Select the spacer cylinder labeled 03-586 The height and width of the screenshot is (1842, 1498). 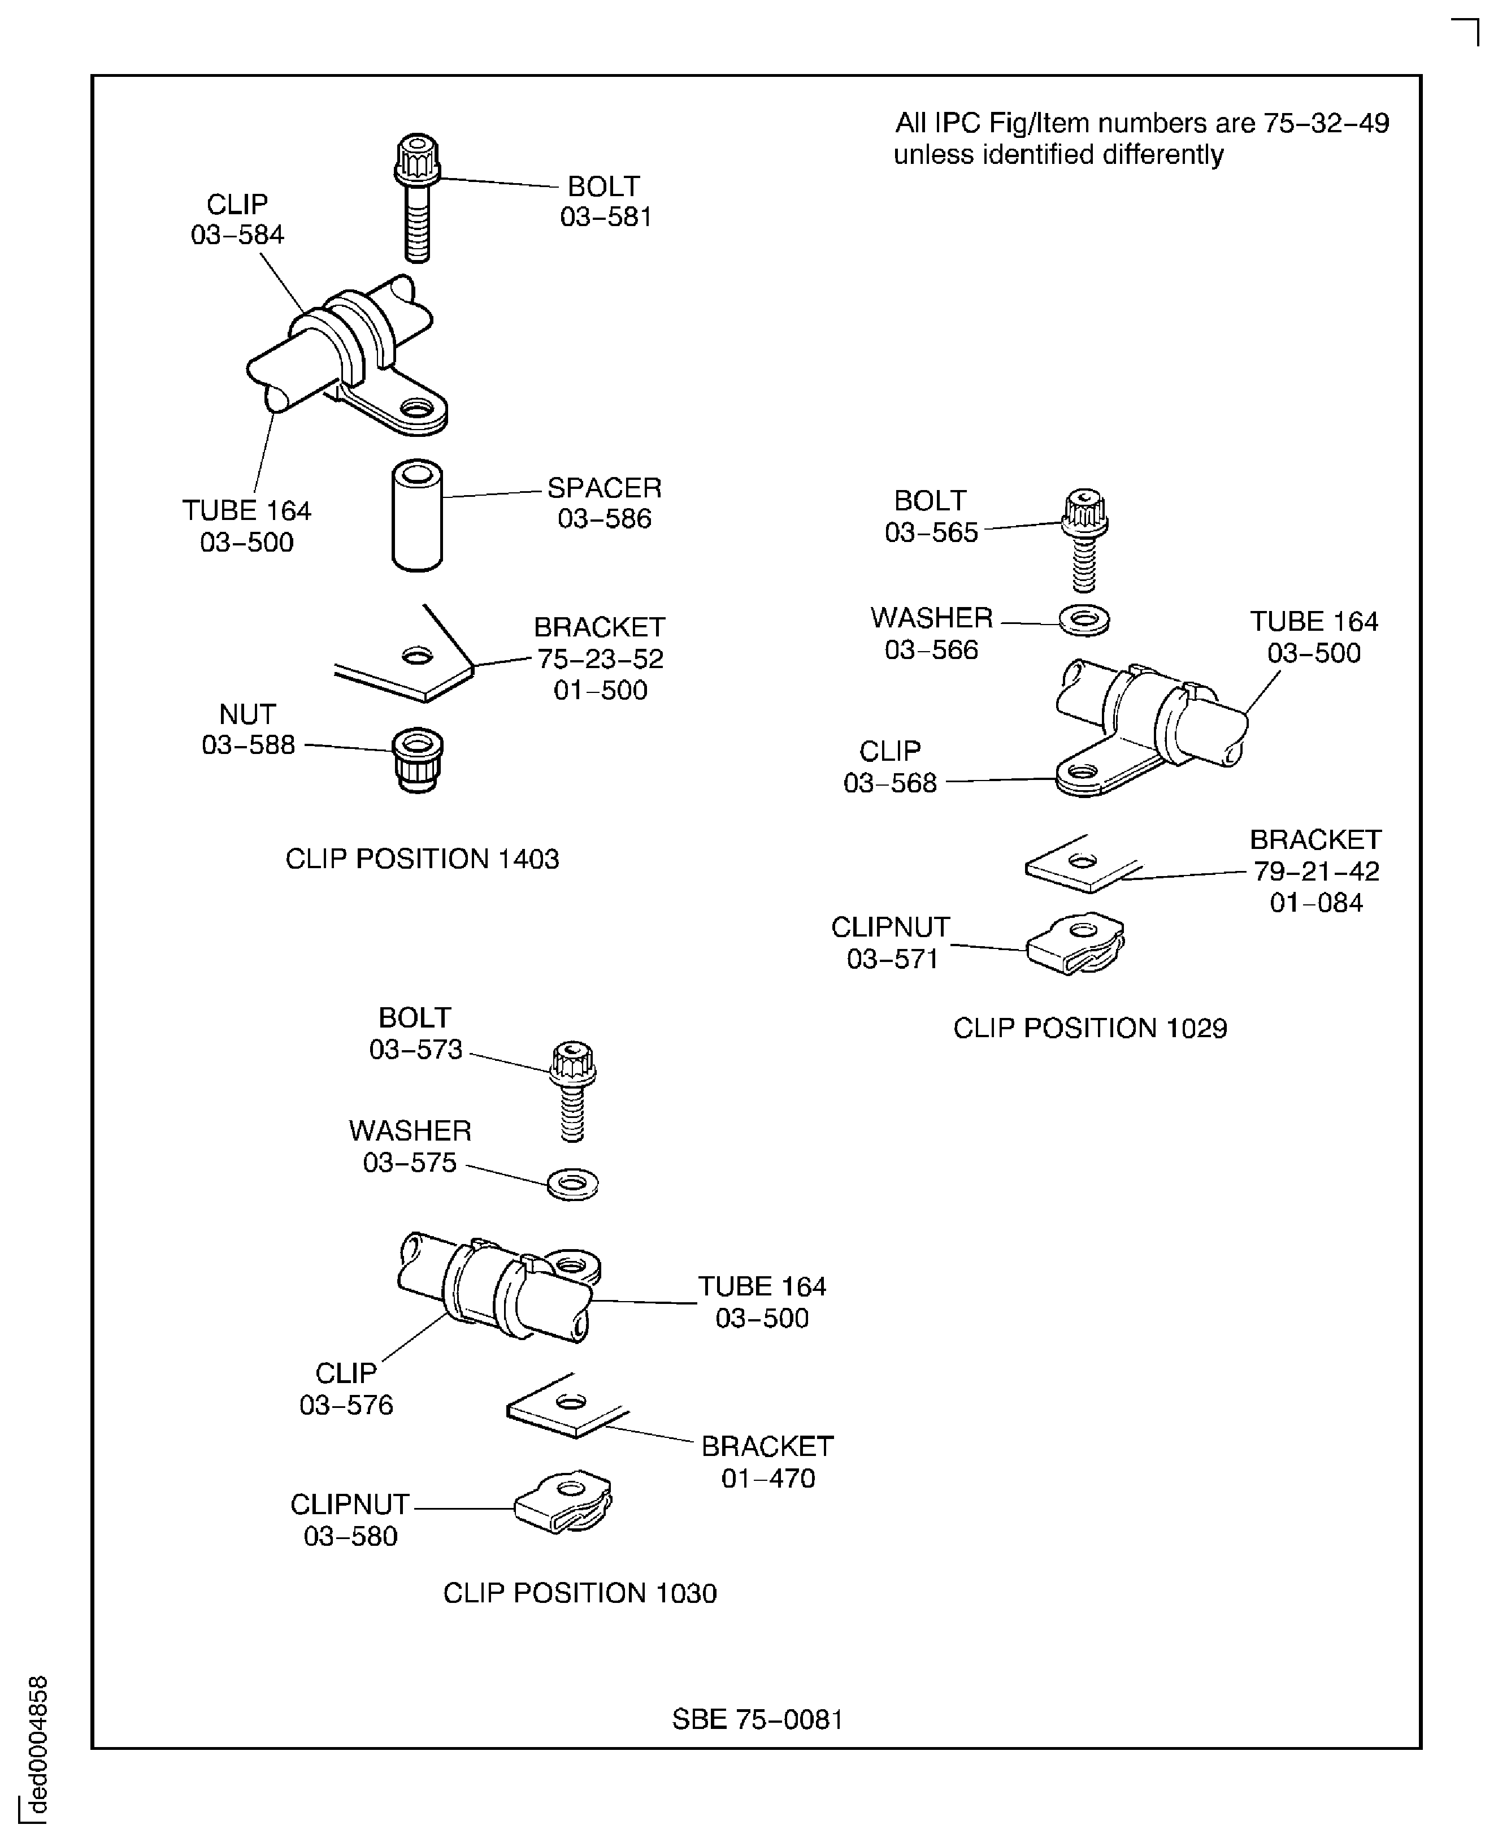tap(417, 515)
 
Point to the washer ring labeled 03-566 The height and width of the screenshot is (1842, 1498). tap(1084, 620)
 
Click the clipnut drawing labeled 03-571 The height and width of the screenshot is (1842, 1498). tap(1076, 943)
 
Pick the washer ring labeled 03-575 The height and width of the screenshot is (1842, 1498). tap(572, 1184)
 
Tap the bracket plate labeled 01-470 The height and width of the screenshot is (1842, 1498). tap(566, 1407)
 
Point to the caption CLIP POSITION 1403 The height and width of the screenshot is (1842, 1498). tap(422, 859)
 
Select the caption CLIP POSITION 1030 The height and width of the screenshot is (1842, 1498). tap(579, 1593)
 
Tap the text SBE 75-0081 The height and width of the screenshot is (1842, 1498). tap(757, 1719)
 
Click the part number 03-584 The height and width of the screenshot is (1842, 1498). tap(237, 235)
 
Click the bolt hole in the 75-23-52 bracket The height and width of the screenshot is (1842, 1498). tap(417, 657)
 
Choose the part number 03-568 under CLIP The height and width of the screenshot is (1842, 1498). tap(889, 783)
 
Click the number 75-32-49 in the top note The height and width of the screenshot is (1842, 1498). tap(1326, 123)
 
